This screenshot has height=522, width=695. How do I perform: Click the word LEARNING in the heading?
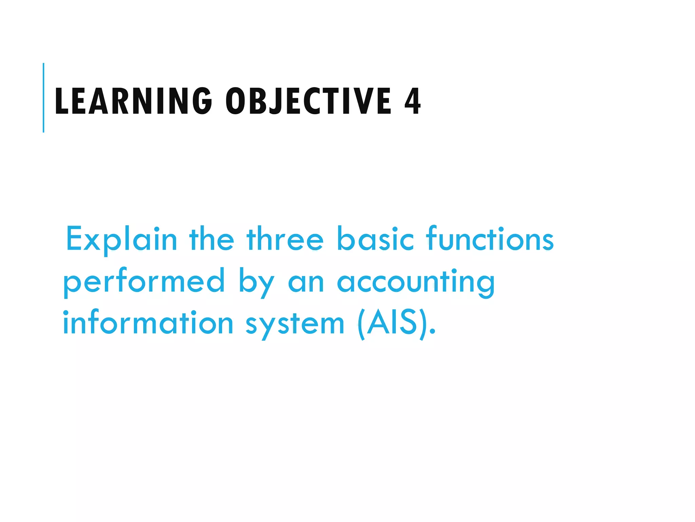[133, 101]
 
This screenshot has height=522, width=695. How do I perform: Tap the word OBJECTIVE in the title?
[308, 101]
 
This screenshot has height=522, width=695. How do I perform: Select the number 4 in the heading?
[412, 101]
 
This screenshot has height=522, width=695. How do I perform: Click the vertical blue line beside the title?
[43, 98]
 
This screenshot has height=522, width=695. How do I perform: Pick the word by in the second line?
[256, 284]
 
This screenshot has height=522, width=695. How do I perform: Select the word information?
[148, 323]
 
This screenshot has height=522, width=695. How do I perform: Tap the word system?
[295, 325]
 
